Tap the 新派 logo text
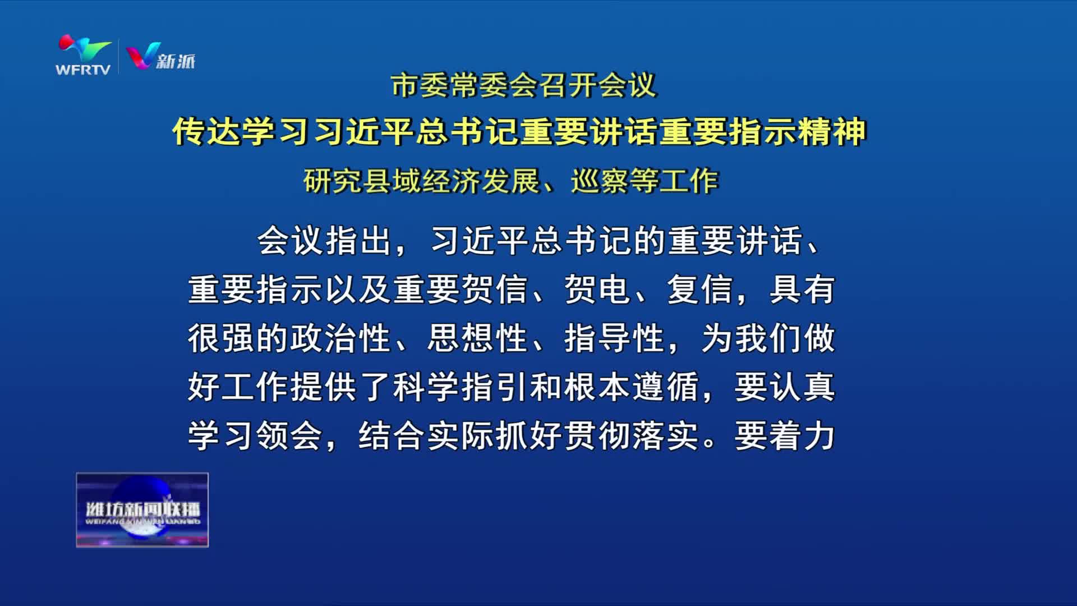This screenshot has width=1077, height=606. point(176,61)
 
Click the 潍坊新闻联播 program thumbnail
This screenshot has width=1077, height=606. point(142,510)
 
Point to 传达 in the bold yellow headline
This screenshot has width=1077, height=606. point(206,132)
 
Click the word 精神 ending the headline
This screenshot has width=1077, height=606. point(832,132)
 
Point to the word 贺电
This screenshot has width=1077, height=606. point(598,290)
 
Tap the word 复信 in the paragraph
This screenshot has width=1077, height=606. point(701,290)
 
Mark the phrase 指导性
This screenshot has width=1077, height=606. point(615,338)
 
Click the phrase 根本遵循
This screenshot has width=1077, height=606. point(632,387)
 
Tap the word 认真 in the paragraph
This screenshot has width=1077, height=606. point(802,387)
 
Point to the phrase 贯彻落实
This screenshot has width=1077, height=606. point(632,436)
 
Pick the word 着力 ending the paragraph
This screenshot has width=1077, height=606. point(802,436)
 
